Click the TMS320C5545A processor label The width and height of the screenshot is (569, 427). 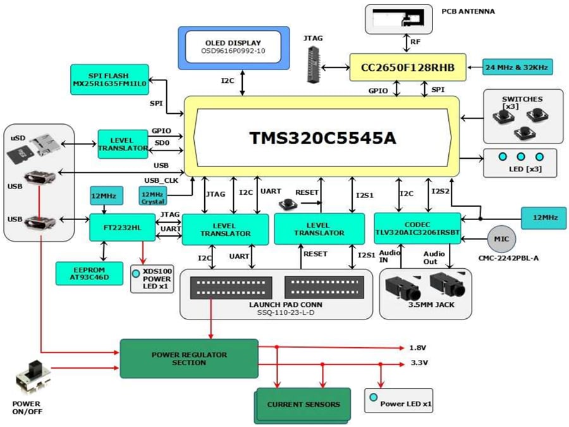(x=322, y=138)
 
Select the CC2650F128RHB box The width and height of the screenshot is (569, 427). (x=407, y=66)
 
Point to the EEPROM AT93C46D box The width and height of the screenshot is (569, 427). (x=89, y=273)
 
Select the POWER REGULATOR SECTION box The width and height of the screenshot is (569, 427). (x=189, y=359)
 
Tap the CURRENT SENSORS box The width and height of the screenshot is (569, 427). (x=303, y=404)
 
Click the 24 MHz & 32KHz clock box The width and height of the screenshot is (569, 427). (x=517, y=66)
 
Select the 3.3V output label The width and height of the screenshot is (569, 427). (x=418, y=363)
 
